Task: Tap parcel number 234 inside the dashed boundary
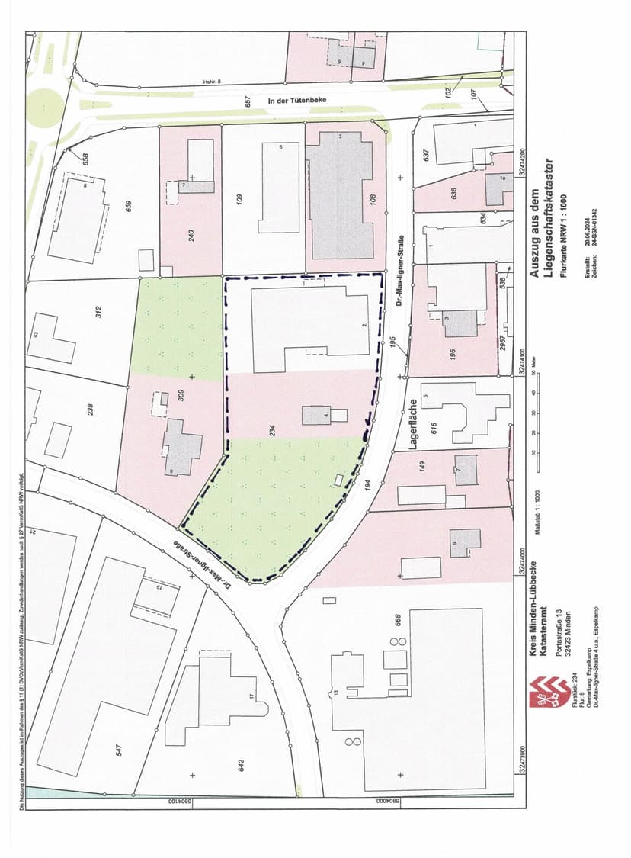[271, 429]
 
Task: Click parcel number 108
[373, 201]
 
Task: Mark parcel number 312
[98, 311]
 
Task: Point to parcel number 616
[433, 427]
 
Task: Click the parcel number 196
[452, 355]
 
